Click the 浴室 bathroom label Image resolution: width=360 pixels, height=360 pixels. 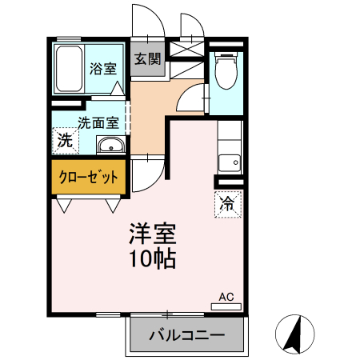coord(102,67)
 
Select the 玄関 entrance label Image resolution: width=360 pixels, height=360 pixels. coord(147,59)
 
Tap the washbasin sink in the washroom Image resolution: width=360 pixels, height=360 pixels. coord(110,145)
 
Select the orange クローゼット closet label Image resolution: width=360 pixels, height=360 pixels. coord(89,176)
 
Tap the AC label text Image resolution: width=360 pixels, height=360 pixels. coord(226,297)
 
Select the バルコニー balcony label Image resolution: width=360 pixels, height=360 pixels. coord(186,335)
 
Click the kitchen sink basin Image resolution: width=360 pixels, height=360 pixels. coord(229,158)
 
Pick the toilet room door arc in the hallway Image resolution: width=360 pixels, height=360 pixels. coord(192,100)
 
